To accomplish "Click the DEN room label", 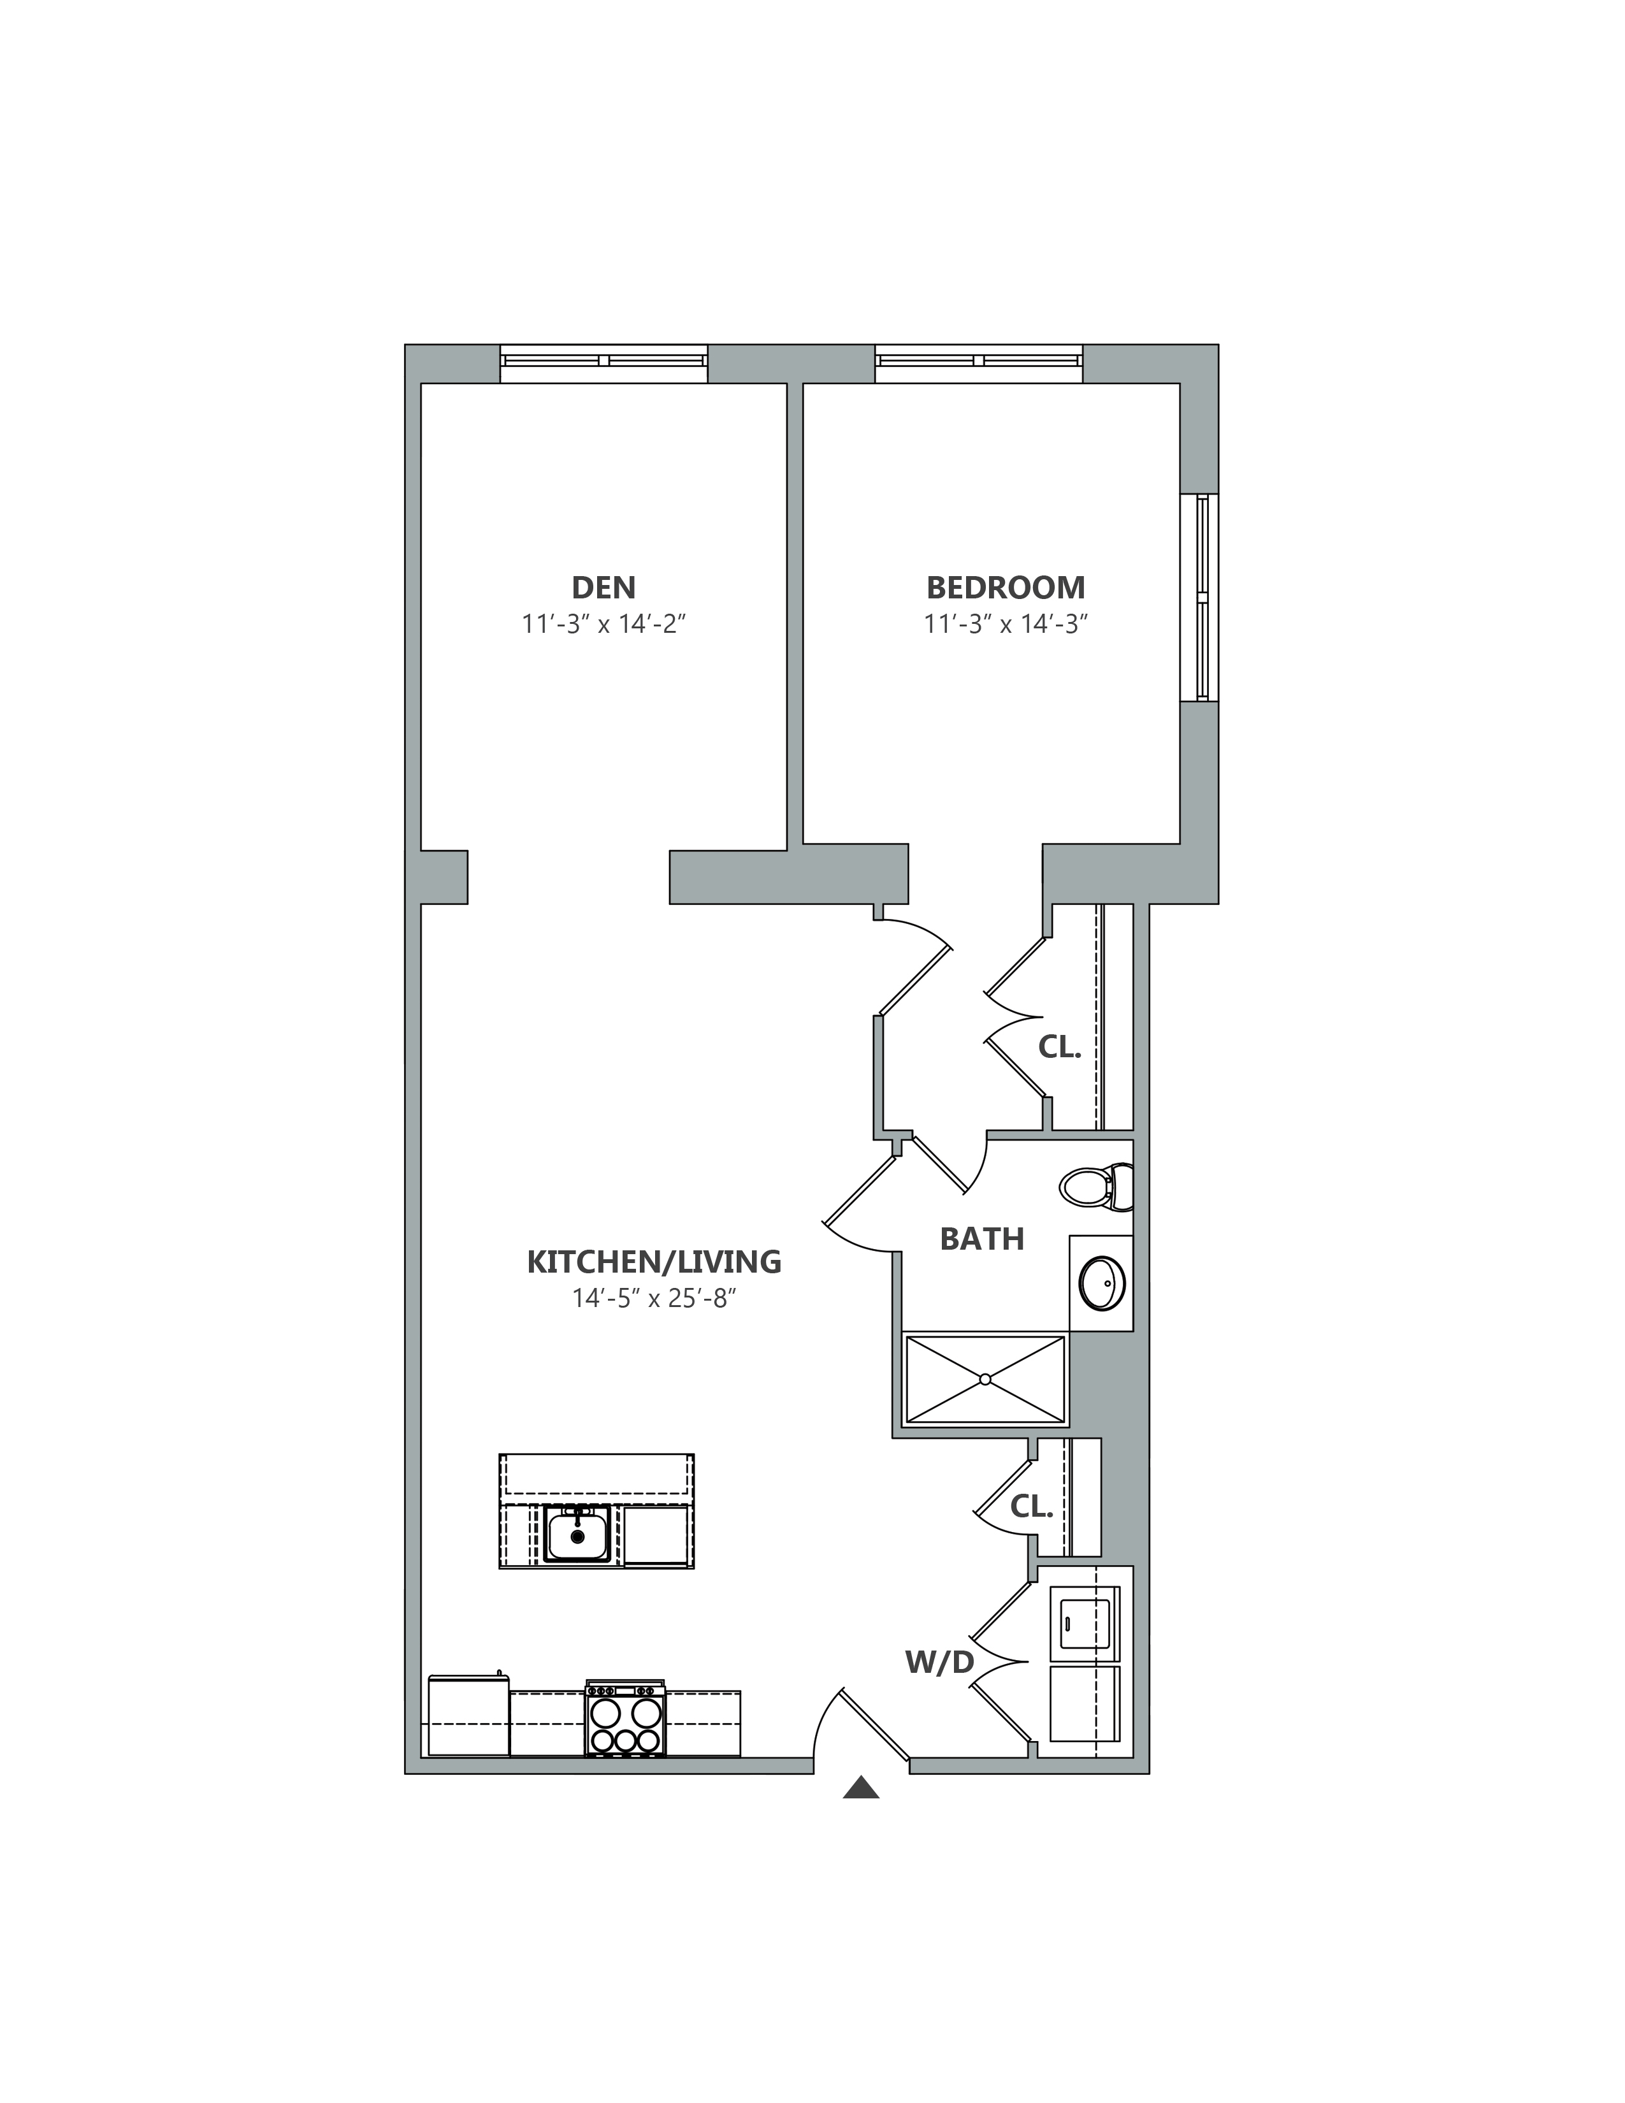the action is (603, 588).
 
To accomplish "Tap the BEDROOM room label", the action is (1006, 588).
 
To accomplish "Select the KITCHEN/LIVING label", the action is (654, 1261).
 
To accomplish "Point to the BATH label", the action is (982, 1238).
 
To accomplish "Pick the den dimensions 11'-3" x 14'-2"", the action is (603, 624).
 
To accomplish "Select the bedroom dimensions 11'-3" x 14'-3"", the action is (1006, 624).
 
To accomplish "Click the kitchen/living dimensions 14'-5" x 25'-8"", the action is (654, 1299).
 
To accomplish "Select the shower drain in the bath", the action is (985, 1379).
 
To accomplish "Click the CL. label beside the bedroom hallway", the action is (1060, 1048).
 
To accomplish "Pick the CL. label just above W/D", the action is (1032, 1507).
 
